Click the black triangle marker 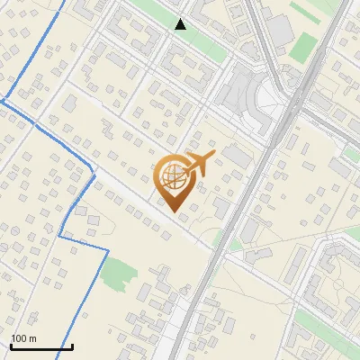[181, 24]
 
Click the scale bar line [41, 346]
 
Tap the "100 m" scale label [23, 338]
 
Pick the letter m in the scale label [32, 338]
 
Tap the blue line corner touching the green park [108, 256]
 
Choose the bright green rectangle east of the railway [303, 46]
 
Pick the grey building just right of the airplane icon [236, 155]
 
